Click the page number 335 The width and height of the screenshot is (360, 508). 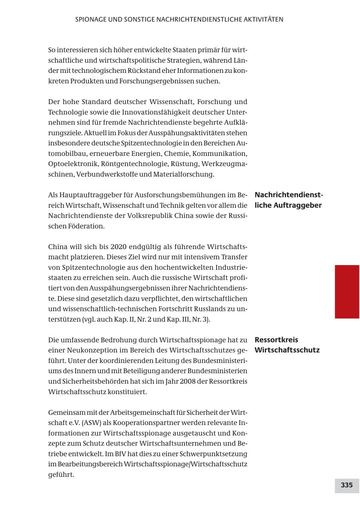346,485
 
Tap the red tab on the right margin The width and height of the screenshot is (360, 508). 347,291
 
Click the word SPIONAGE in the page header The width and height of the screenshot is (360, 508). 90,19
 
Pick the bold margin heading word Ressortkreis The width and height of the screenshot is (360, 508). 276,340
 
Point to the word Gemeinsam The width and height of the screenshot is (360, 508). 64,412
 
